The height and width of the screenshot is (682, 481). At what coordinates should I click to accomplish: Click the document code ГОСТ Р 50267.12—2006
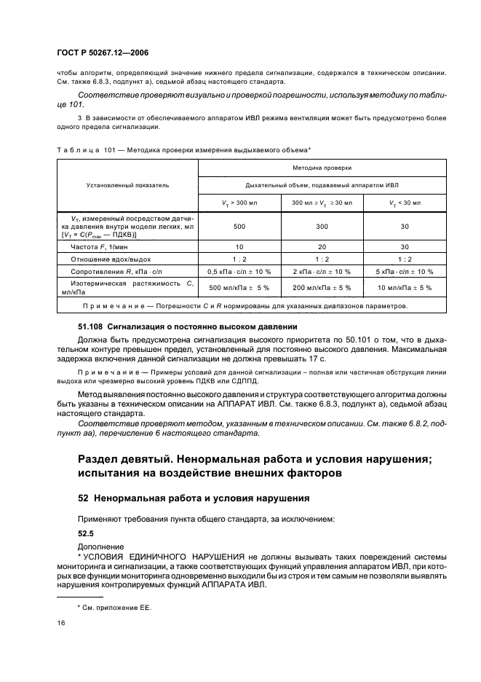coord(103,53)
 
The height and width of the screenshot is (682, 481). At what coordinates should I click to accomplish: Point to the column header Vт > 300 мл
coord(239,202)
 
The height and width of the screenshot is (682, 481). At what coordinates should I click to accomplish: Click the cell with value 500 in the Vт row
coord(239,227)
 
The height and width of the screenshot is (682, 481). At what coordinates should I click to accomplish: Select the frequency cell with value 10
coord(239,246)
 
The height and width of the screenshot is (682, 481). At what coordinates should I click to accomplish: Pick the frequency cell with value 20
coord(322,246)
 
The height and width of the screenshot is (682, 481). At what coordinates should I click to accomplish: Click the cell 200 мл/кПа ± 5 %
coord(322,288)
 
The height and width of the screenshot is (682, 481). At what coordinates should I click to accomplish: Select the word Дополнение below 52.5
coord(100,545)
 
